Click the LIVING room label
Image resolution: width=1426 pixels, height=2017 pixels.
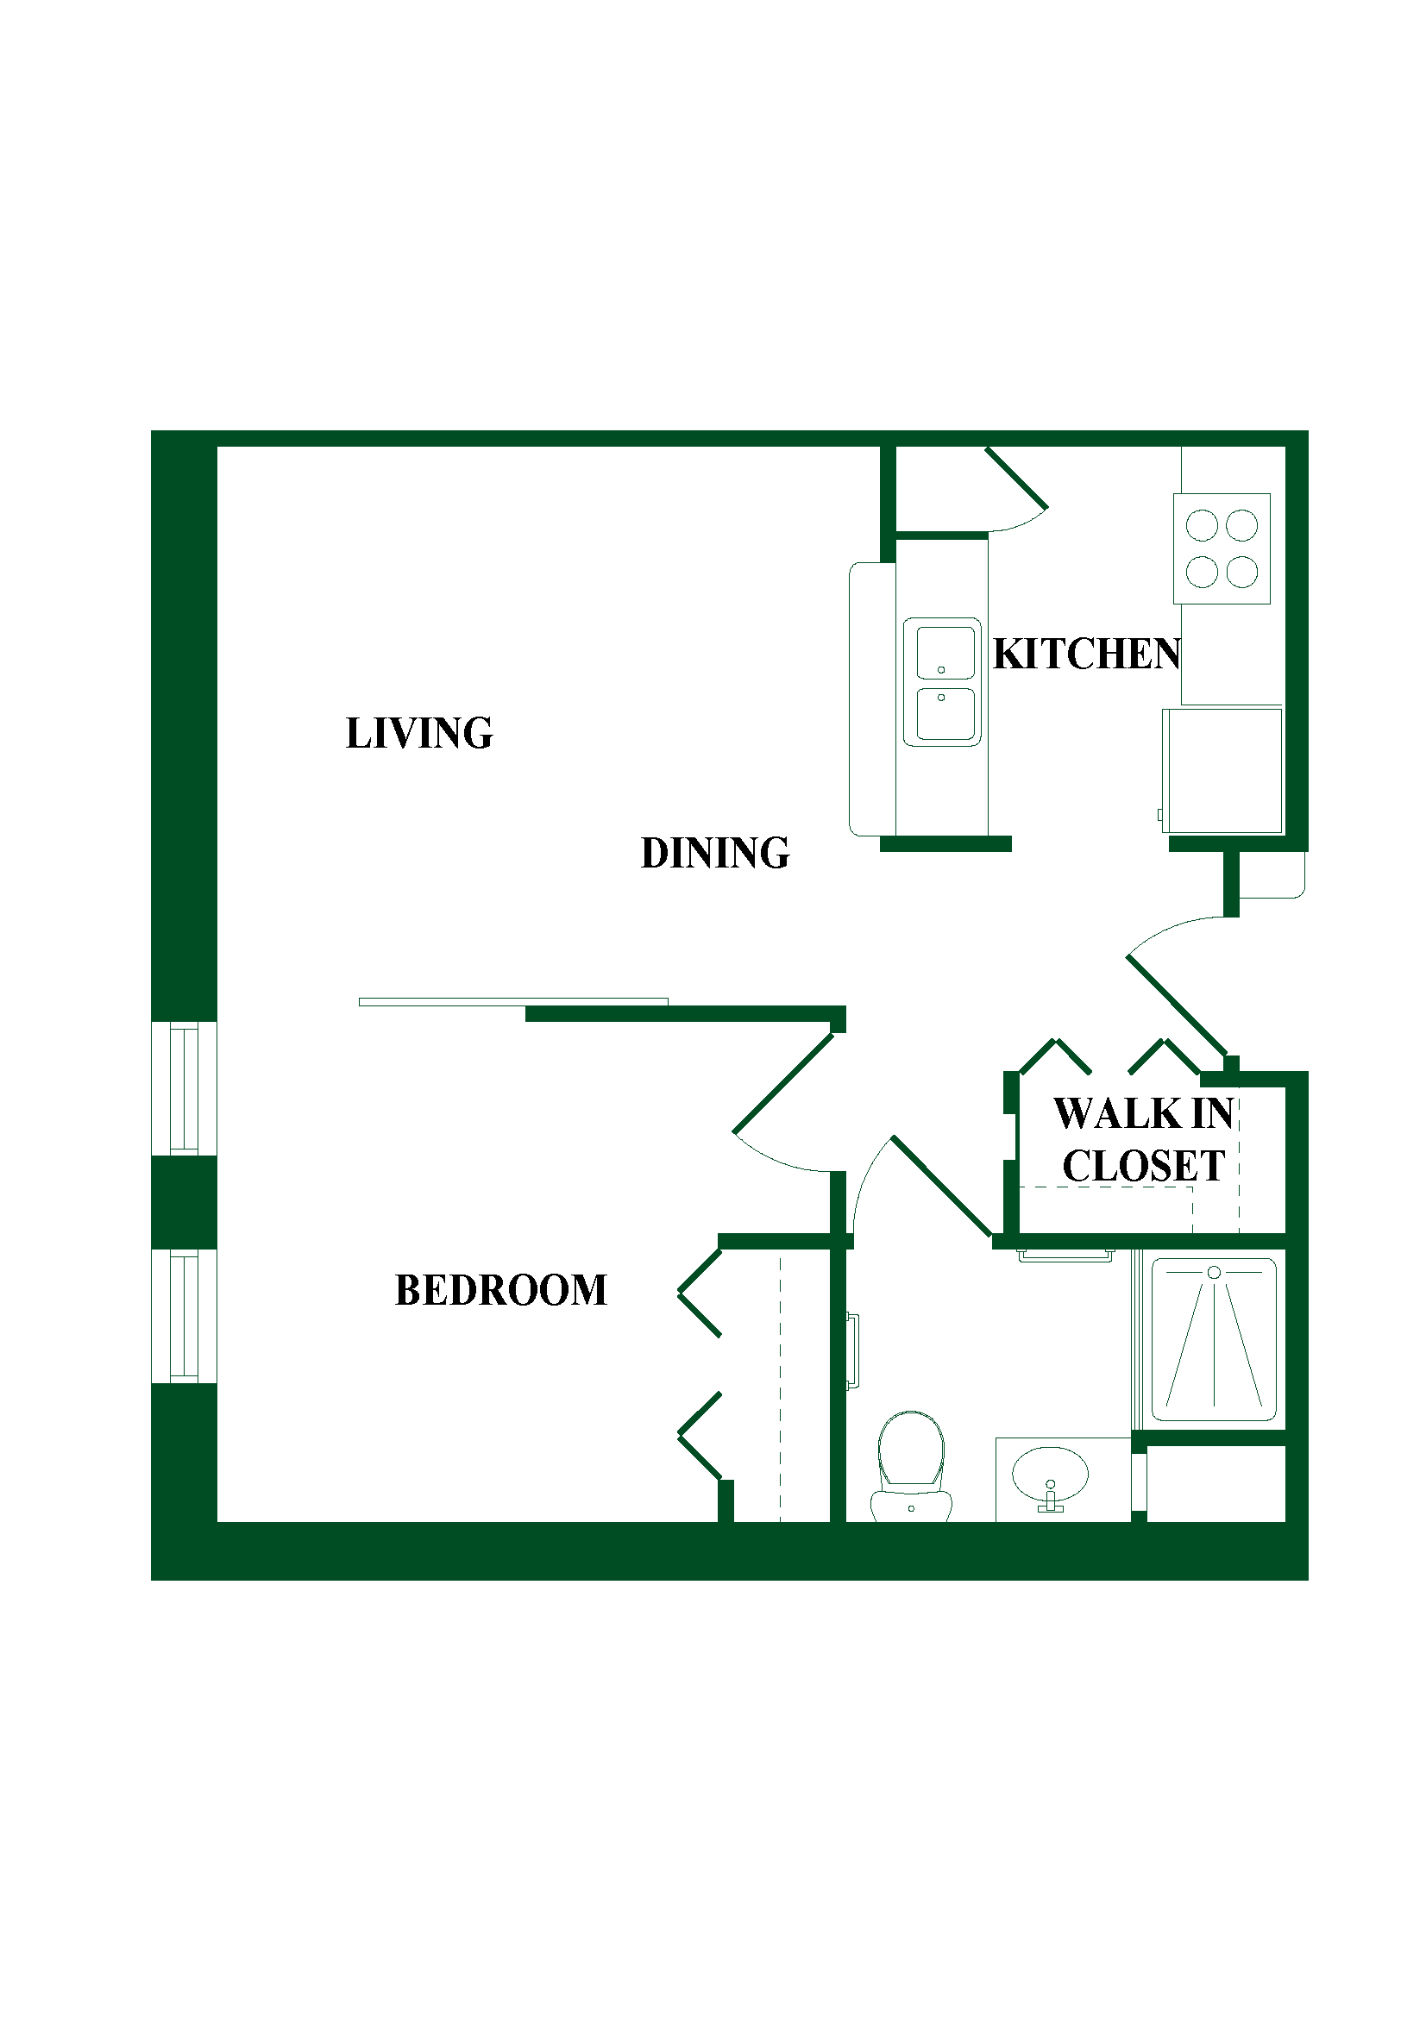point(419,734)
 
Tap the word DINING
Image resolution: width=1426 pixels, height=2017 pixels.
point(715,853)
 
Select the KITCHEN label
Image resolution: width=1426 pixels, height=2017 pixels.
point(1087,655)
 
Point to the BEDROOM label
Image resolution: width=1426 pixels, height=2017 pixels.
point(501,1291)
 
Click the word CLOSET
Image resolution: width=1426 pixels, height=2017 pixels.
point(1143,1167)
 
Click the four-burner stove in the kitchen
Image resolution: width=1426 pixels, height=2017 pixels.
point(1222,549)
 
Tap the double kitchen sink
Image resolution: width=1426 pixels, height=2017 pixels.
point(942,682)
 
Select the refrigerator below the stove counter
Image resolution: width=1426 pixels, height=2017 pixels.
point(1222,770)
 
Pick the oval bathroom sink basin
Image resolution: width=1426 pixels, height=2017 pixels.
point(1050,1475)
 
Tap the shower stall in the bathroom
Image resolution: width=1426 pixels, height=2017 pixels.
point(1214,1340)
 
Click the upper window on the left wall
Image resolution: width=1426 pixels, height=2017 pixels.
point(184,1088)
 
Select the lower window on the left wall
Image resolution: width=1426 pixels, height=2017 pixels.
point(184,1316)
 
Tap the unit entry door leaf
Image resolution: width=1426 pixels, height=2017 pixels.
point(1177,1005)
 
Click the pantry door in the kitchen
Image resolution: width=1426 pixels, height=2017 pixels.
point(1016,478)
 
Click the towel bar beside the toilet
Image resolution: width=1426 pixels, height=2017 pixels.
point(852,1351)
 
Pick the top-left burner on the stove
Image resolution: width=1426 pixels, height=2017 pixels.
point(1201,525)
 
